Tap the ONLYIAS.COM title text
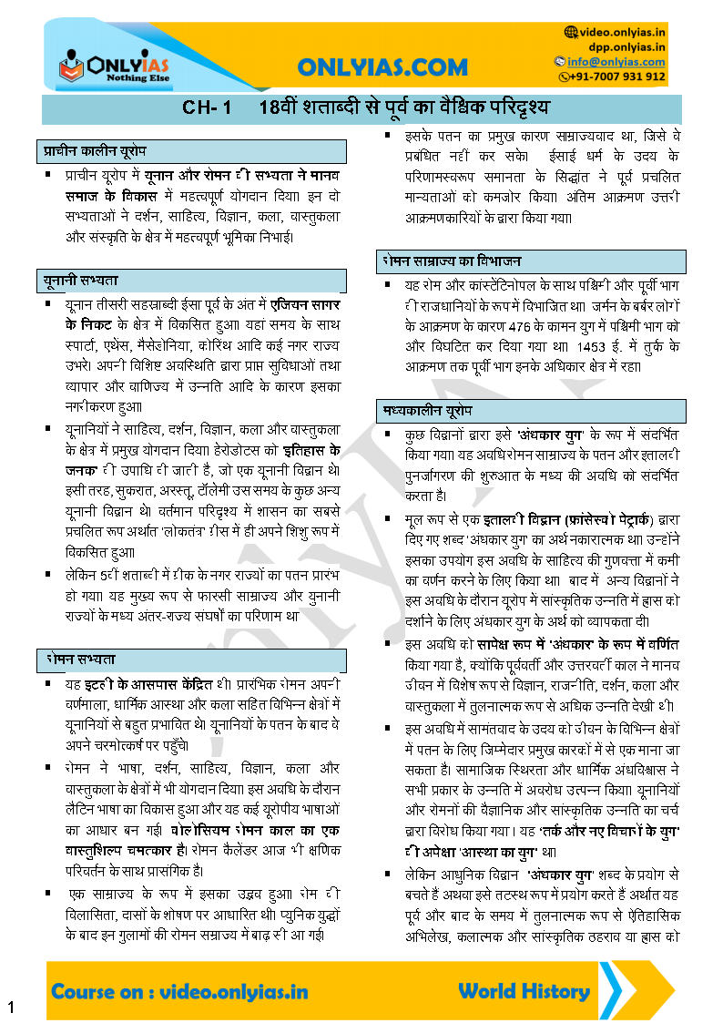point(382,67)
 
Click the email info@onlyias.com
point(618,62)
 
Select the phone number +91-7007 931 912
point(618,77)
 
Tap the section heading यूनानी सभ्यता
point(80,280)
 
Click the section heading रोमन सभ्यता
point(78,659)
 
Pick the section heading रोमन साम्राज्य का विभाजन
point(452,261)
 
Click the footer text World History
point(524,990)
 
